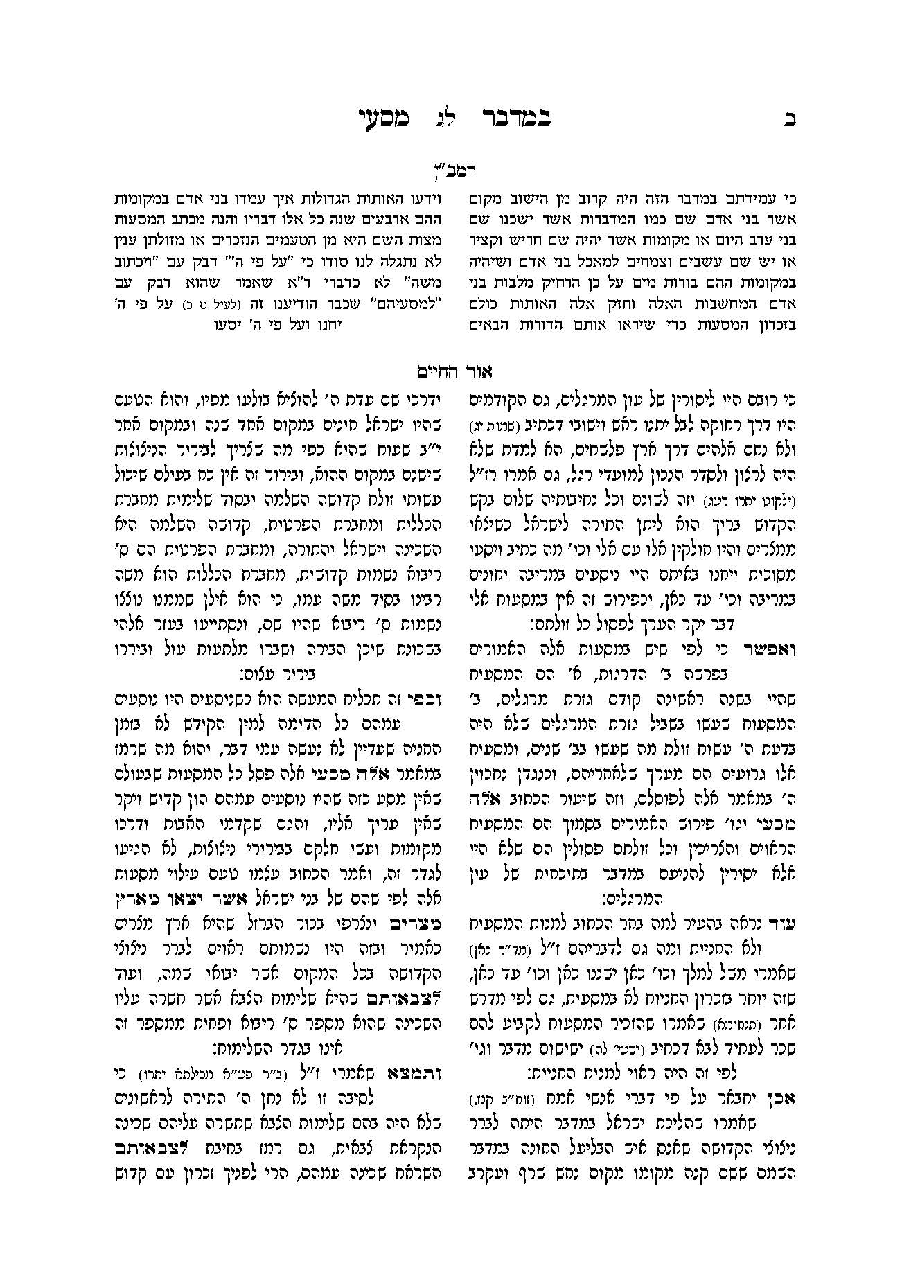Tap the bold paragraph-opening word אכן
click(x=783, y=1095)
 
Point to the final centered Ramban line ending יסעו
click(x=282, y=323)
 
